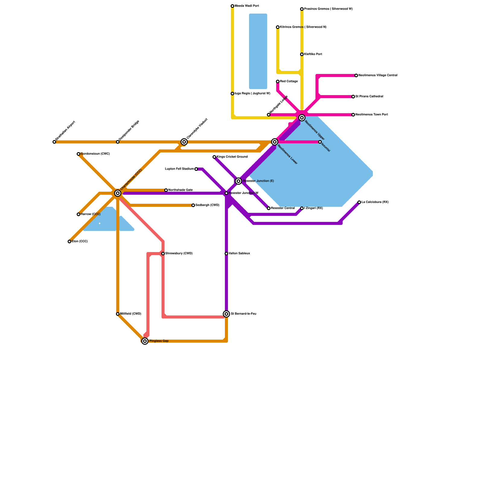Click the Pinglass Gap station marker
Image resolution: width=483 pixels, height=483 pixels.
(x=145, y=341)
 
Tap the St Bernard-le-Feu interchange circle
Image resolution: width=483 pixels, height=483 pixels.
(x=226, y=314)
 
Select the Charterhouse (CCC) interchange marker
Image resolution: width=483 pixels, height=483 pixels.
(x=118, y=193)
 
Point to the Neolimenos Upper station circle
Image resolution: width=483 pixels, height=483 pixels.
(x=302, y=118)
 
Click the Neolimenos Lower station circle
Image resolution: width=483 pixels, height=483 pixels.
(x=275, y=142)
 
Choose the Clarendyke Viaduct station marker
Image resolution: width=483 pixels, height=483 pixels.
(x=184, y=142)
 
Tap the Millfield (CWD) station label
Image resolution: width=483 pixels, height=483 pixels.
(x=131, y=314)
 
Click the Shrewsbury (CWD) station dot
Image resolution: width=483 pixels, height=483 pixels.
(x=163, y=254)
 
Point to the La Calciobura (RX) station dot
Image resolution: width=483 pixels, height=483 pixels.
(x=359, y=202)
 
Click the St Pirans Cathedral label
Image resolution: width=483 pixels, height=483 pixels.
(x=369, y=97)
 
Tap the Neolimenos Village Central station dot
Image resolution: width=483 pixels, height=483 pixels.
(x=356, y=75)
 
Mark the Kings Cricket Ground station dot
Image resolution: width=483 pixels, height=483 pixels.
(x=214, y=157)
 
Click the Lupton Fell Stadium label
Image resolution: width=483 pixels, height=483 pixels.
(x=179, y=169)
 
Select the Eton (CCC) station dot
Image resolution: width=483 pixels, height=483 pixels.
(x=69, y=241)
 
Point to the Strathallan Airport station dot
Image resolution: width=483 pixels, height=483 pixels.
(x=54, y=142)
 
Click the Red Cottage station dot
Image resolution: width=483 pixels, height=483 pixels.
(x=278, y=82)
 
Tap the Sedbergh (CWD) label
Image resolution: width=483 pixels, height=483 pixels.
(x=207, y=205)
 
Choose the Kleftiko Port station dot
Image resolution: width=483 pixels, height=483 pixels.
(x=302, y=54)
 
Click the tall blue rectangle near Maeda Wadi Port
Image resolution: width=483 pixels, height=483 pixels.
(x=258, y=51)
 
